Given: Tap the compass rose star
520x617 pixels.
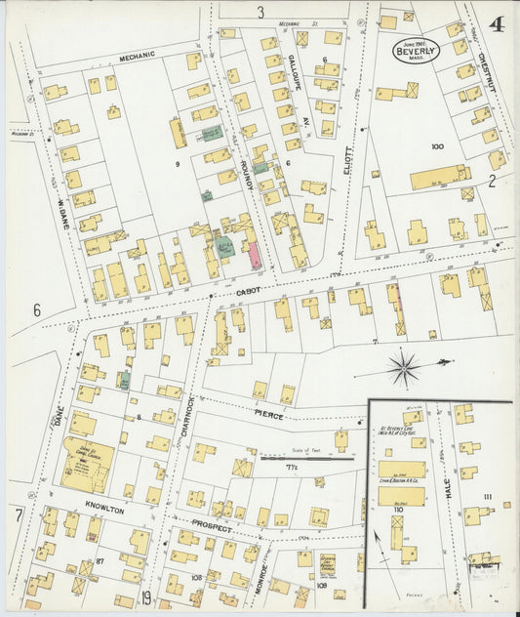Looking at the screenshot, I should coord(404,368).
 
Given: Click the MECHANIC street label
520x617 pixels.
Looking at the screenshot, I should coord(139,58).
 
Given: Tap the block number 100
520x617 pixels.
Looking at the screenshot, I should coord(436,147).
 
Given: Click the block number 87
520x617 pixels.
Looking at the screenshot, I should coord(100,561).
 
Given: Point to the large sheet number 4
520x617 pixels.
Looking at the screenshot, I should coord(497,24).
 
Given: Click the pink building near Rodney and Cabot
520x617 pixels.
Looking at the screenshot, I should coord(255,256).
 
